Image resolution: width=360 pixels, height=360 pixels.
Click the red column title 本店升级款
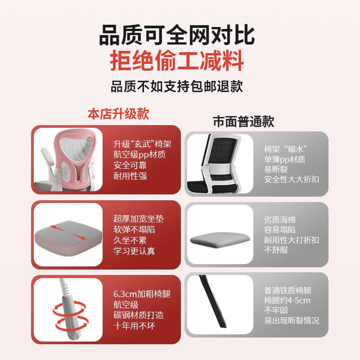click(118, 113)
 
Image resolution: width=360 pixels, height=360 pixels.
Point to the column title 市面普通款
click(243, 121)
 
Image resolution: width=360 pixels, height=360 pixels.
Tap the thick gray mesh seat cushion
click(67, 236)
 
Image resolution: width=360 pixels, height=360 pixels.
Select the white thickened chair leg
click(67, 310)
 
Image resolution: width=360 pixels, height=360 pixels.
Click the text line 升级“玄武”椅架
click(142, 144)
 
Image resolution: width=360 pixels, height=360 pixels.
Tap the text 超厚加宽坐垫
click(139, 219)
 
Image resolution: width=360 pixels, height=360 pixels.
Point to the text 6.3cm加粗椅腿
click(142, 295)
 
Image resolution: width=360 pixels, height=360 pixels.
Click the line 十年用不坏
click(134, 326)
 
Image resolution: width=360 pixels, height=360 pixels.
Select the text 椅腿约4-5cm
click(287, 301)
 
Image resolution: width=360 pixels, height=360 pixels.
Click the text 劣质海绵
click(280, 220)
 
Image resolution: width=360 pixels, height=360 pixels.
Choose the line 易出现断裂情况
click(292, 320)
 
